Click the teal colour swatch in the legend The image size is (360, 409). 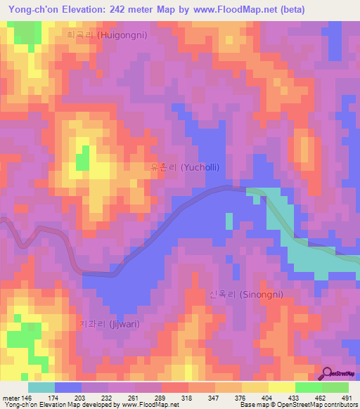tap(41, 387)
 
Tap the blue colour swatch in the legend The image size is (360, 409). tap(68, 387)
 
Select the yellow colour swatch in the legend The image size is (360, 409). tap(282, 387)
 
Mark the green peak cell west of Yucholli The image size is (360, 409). tap(83, 158)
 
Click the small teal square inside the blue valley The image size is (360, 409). tap(229, 221)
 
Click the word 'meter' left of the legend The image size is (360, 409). tap(11, 398)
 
